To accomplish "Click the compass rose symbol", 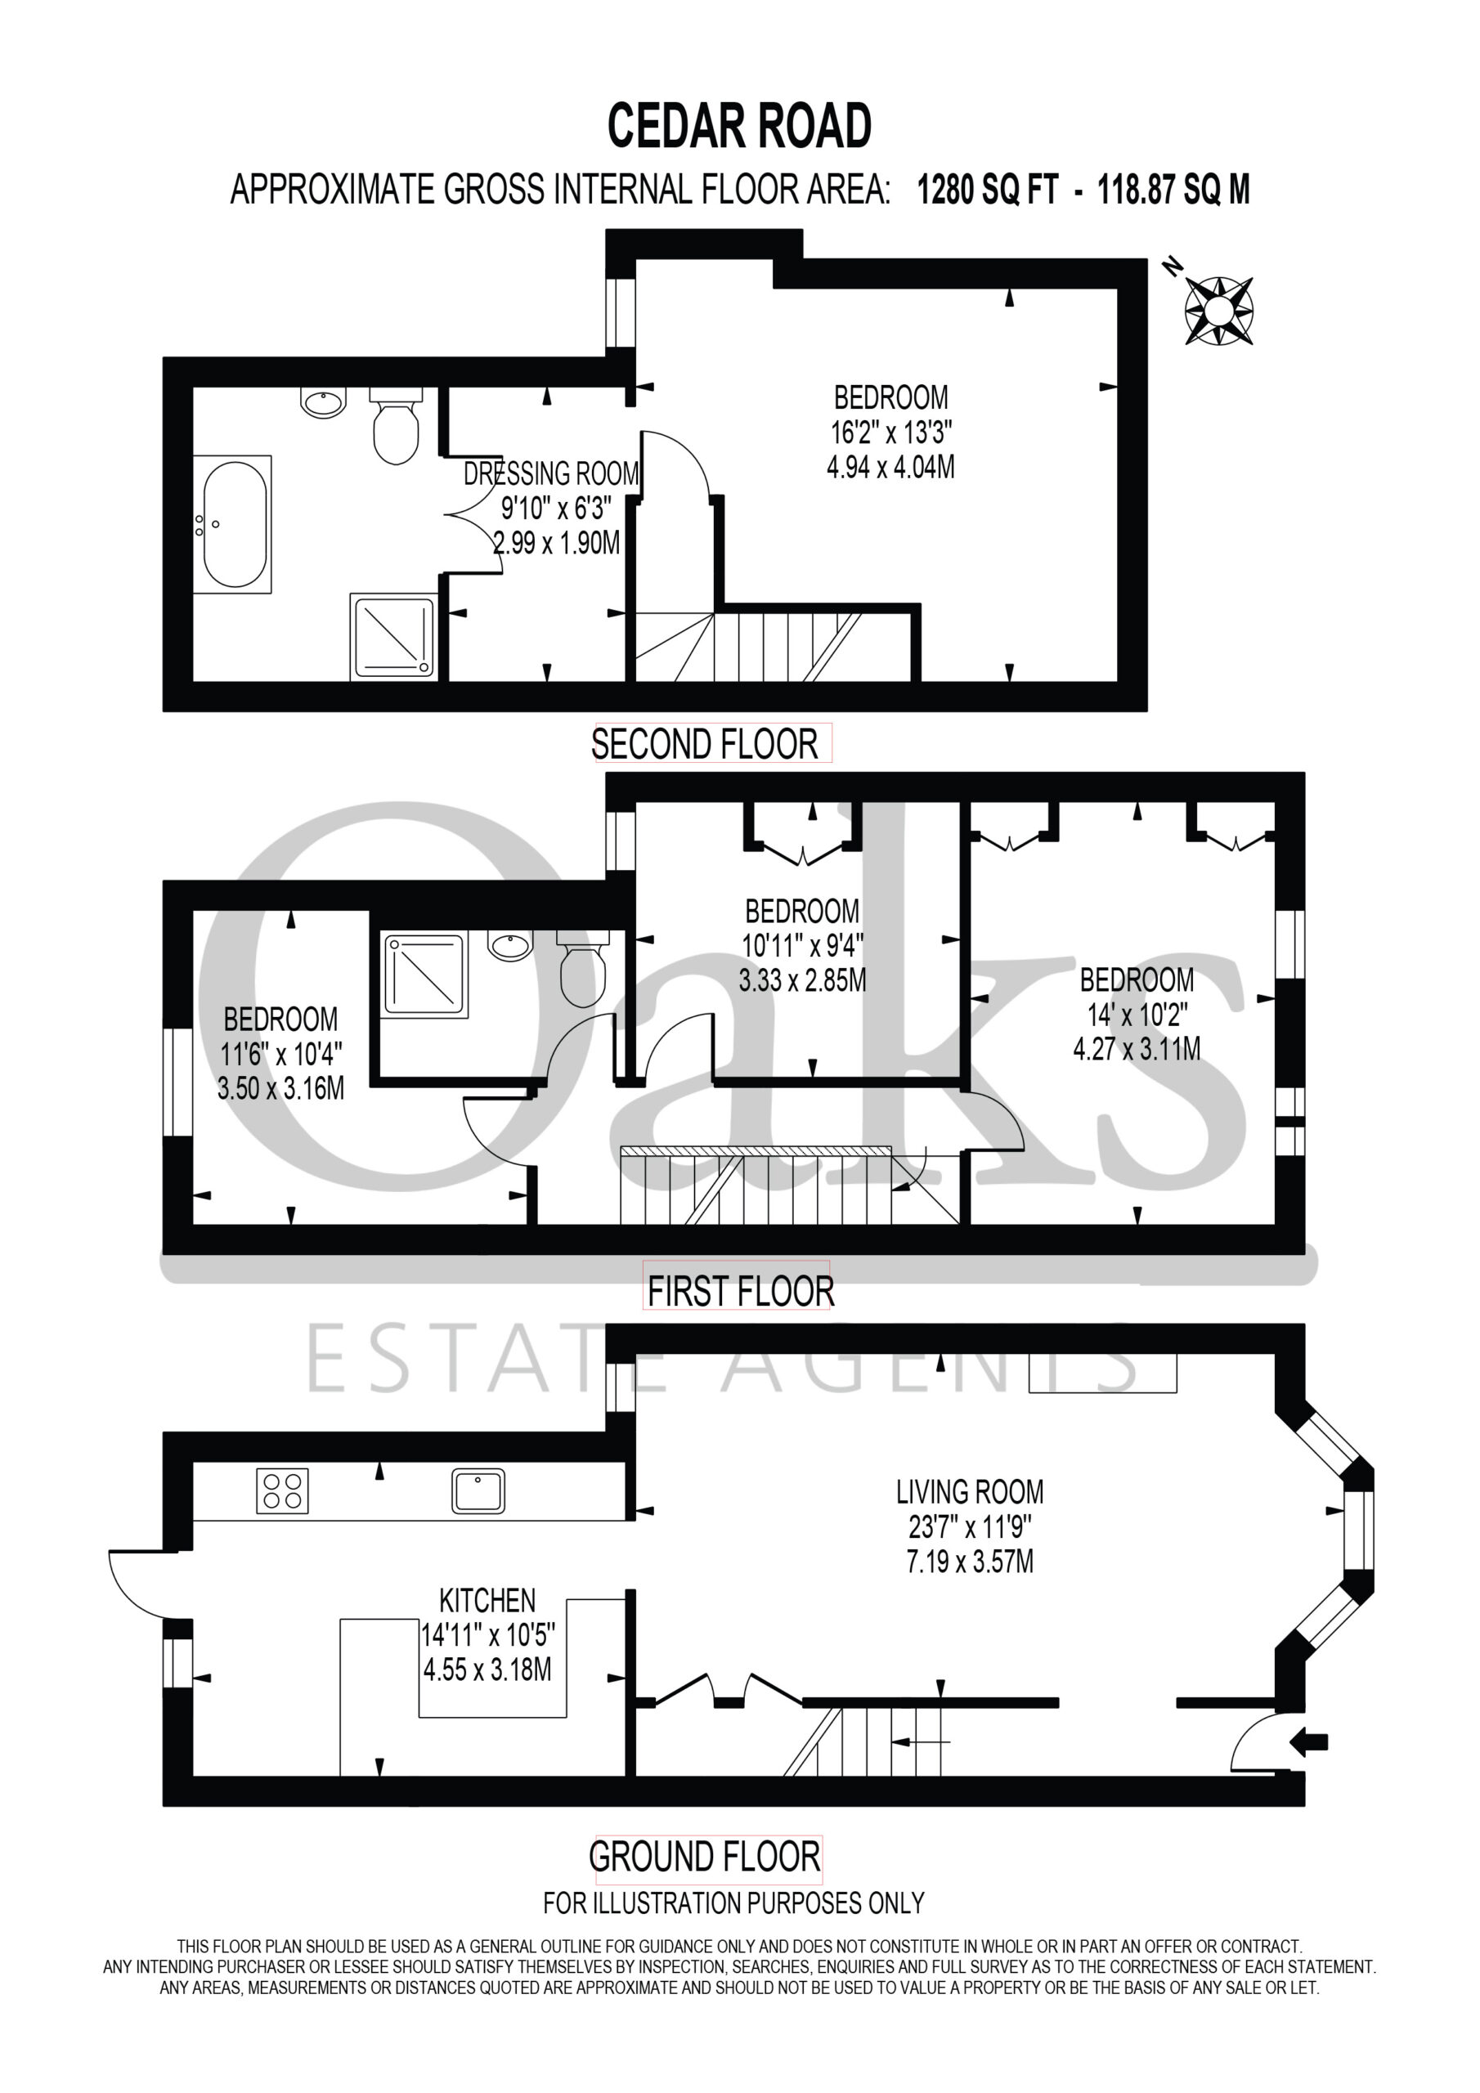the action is coord(1218,310).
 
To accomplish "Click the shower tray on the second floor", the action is coord(393,636).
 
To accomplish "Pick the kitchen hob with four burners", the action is coord(283,1490).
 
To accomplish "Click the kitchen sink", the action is coord(478,1490).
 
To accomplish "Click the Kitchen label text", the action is coord(488,1600).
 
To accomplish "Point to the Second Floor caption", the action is coord(705,745).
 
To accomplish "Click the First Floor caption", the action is coord(741,1292).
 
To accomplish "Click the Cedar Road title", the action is coord(739,126).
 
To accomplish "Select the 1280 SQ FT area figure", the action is coord(988,190).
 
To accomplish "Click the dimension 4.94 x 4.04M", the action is coord(891,468).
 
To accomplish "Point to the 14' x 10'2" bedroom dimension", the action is coord(1137,1015).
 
